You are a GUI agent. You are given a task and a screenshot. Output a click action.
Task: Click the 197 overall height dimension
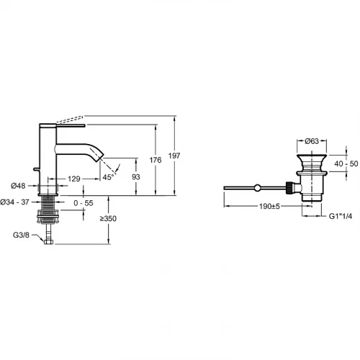(174, 156)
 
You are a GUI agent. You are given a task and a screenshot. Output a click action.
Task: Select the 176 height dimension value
(156, 160)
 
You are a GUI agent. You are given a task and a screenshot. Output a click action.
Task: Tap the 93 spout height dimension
(136, 177)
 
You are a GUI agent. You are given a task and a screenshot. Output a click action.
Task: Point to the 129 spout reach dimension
(74, 179)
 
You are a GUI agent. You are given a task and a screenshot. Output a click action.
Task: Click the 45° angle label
(108, 177)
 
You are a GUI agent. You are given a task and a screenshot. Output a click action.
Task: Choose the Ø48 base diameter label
(18, 186)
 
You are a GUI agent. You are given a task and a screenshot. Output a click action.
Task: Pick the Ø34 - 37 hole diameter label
(14, 202)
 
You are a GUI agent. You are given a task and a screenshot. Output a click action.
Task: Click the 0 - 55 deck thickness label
(84, 203)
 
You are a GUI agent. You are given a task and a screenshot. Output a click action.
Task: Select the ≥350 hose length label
(108, 218)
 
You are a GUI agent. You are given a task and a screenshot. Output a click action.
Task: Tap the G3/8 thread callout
(21, 235)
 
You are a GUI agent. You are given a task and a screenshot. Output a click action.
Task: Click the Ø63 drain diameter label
(312, 141)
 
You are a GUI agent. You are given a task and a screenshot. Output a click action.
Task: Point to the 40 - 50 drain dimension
(346, 163)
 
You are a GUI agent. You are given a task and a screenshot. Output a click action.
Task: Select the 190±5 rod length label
(269, 206)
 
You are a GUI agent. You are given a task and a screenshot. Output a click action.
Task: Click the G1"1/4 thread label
(341, 216)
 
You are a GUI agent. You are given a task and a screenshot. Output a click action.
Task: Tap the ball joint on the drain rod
(257, 188)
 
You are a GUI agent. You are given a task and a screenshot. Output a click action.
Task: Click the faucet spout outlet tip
(101, 158)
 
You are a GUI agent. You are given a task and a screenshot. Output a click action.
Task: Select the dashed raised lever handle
(70, 120)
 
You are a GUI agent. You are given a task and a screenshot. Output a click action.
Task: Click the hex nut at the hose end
(48, 242)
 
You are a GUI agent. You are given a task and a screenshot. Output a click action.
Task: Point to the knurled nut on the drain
(289, 188)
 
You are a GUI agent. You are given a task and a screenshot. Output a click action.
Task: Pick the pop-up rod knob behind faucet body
(36, 170)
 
